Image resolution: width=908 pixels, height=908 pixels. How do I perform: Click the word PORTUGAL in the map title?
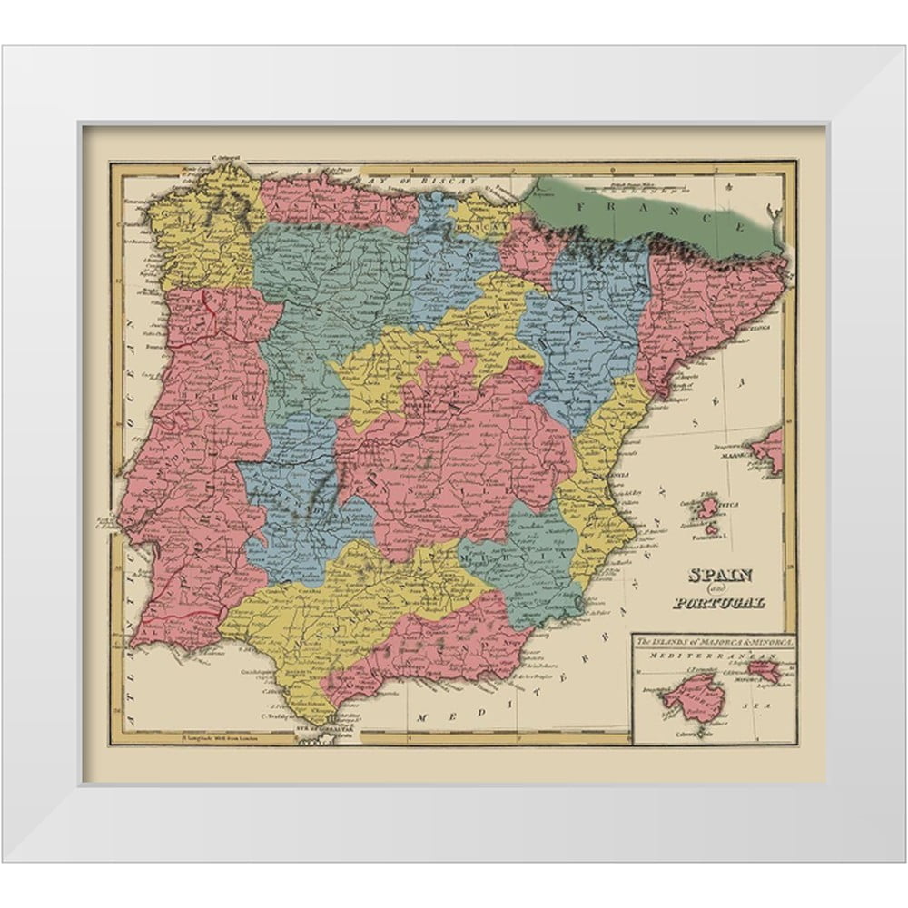pos(719,602)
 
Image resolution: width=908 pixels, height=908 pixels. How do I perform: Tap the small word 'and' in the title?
pos(723,589)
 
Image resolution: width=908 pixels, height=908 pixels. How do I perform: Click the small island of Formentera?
pos(713,529)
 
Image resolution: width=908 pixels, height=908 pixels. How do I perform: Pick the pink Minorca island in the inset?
pos(764,672)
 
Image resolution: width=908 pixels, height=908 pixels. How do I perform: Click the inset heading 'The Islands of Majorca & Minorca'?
pos(715,642)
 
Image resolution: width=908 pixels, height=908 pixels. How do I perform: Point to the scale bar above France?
pos(636,190)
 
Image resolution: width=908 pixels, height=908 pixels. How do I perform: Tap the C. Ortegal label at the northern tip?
pos(224,157)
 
